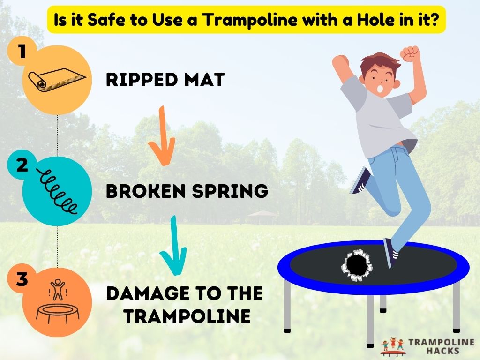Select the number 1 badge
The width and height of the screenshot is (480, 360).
pos(22,52)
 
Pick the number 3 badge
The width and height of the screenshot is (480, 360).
pos(22,280)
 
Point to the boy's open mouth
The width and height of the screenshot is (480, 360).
pos(381,87)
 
